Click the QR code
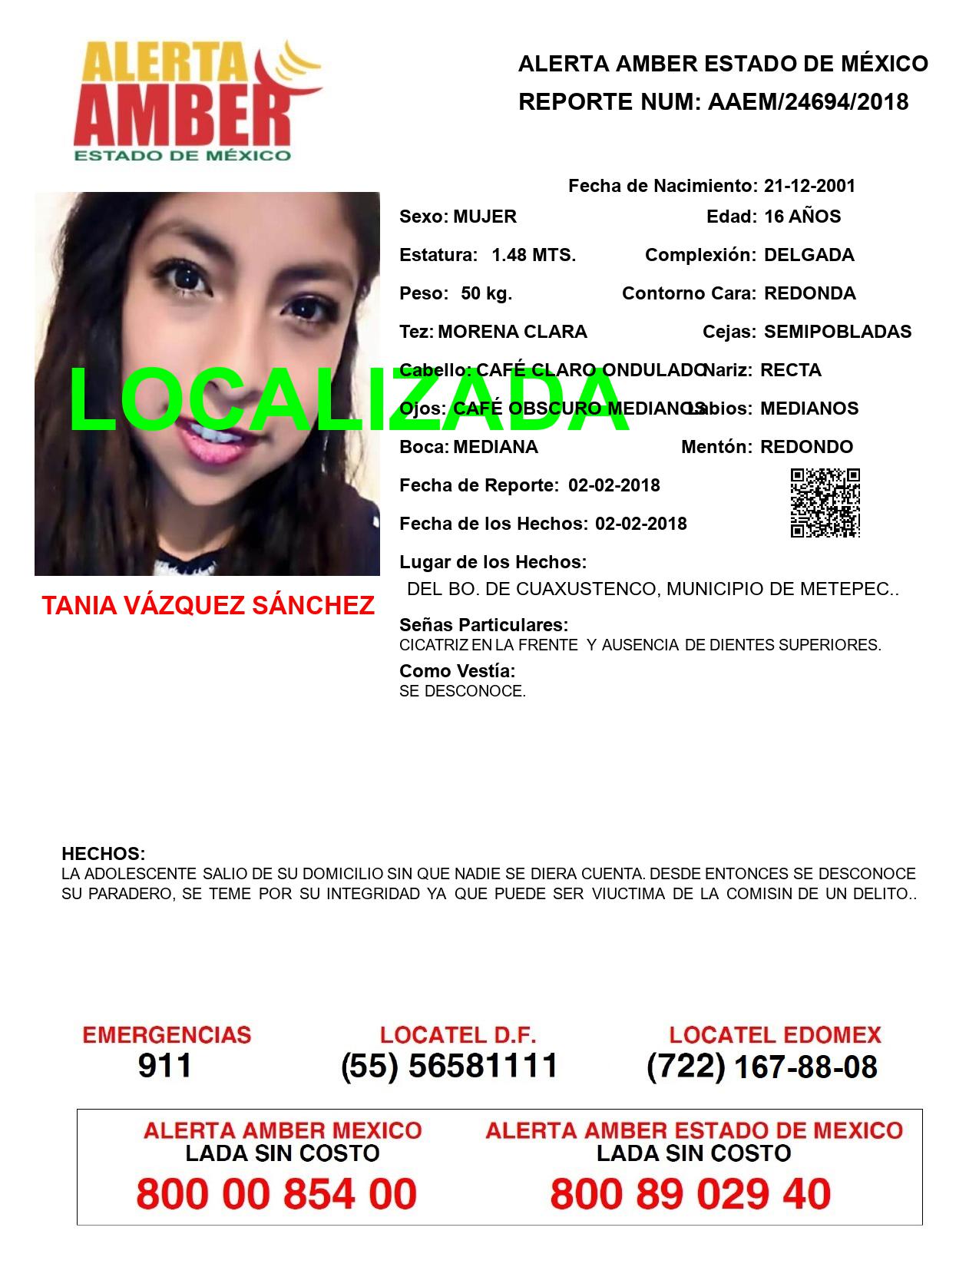825,503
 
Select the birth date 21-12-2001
809,186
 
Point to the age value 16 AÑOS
802,217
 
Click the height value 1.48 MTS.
534,255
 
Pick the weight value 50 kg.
486,293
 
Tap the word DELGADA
809,255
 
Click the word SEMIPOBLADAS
838,332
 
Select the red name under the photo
208,606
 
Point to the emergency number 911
165,1066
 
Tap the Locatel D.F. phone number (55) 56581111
450,1066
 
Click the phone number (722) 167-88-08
762,1066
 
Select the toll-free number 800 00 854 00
276,1194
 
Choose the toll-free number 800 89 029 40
690,1194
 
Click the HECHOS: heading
103,854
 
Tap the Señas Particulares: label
484,625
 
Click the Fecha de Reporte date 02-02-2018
614,485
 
